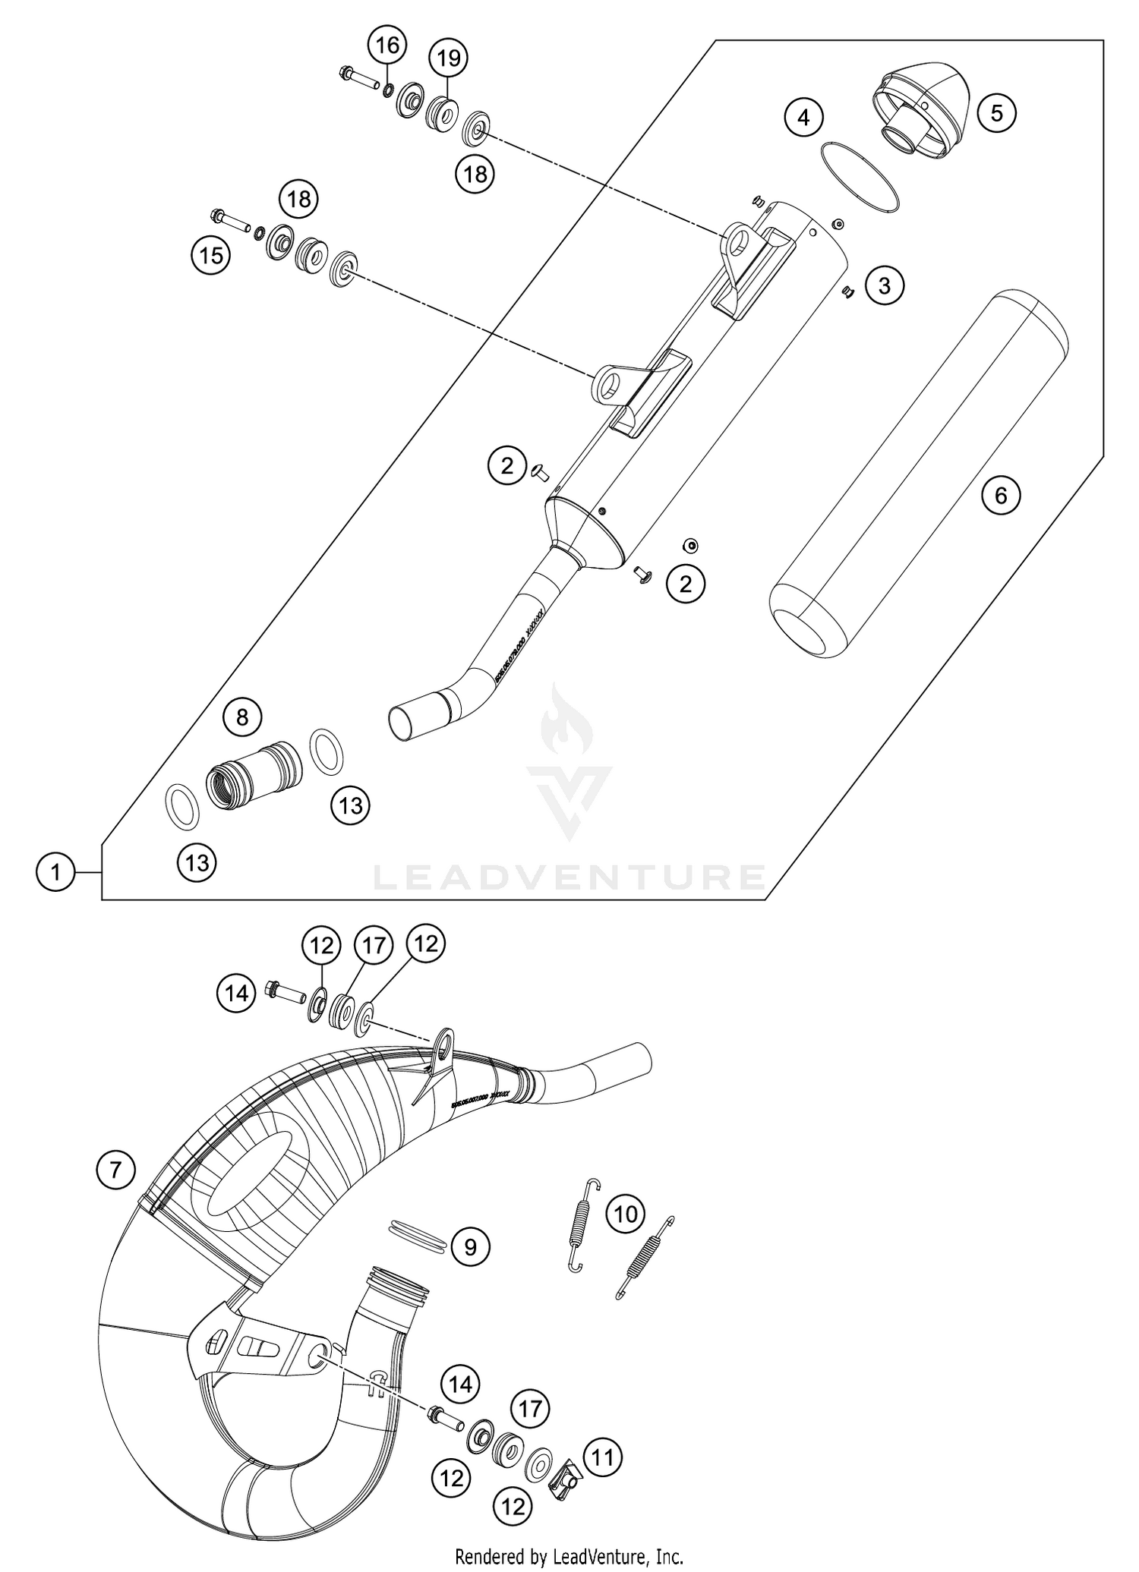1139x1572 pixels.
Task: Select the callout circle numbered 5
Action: [996, 113]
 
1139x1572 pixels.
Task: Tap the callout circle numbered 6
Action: [1000, 496]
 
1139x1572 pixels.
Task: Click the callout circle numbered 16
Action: [387, 46]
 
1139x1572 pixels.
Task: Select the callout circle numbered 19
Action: [449, 58]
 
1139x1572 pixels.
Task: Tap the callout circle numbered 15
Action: [211, 256]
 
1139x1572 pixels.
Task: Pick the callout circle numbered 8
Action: [242, 717]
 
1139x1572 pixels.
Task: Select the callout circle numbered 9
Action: [470, 1246]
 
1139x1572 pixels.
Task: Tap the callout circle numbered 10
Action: [626, 1214]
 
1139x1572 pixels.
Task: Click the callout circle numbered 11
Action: [602, 1457]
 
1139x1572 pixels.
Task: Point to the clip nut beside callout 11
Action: [565, 1476]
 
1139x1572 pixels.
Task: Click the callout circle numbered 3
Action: [883, 285]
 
